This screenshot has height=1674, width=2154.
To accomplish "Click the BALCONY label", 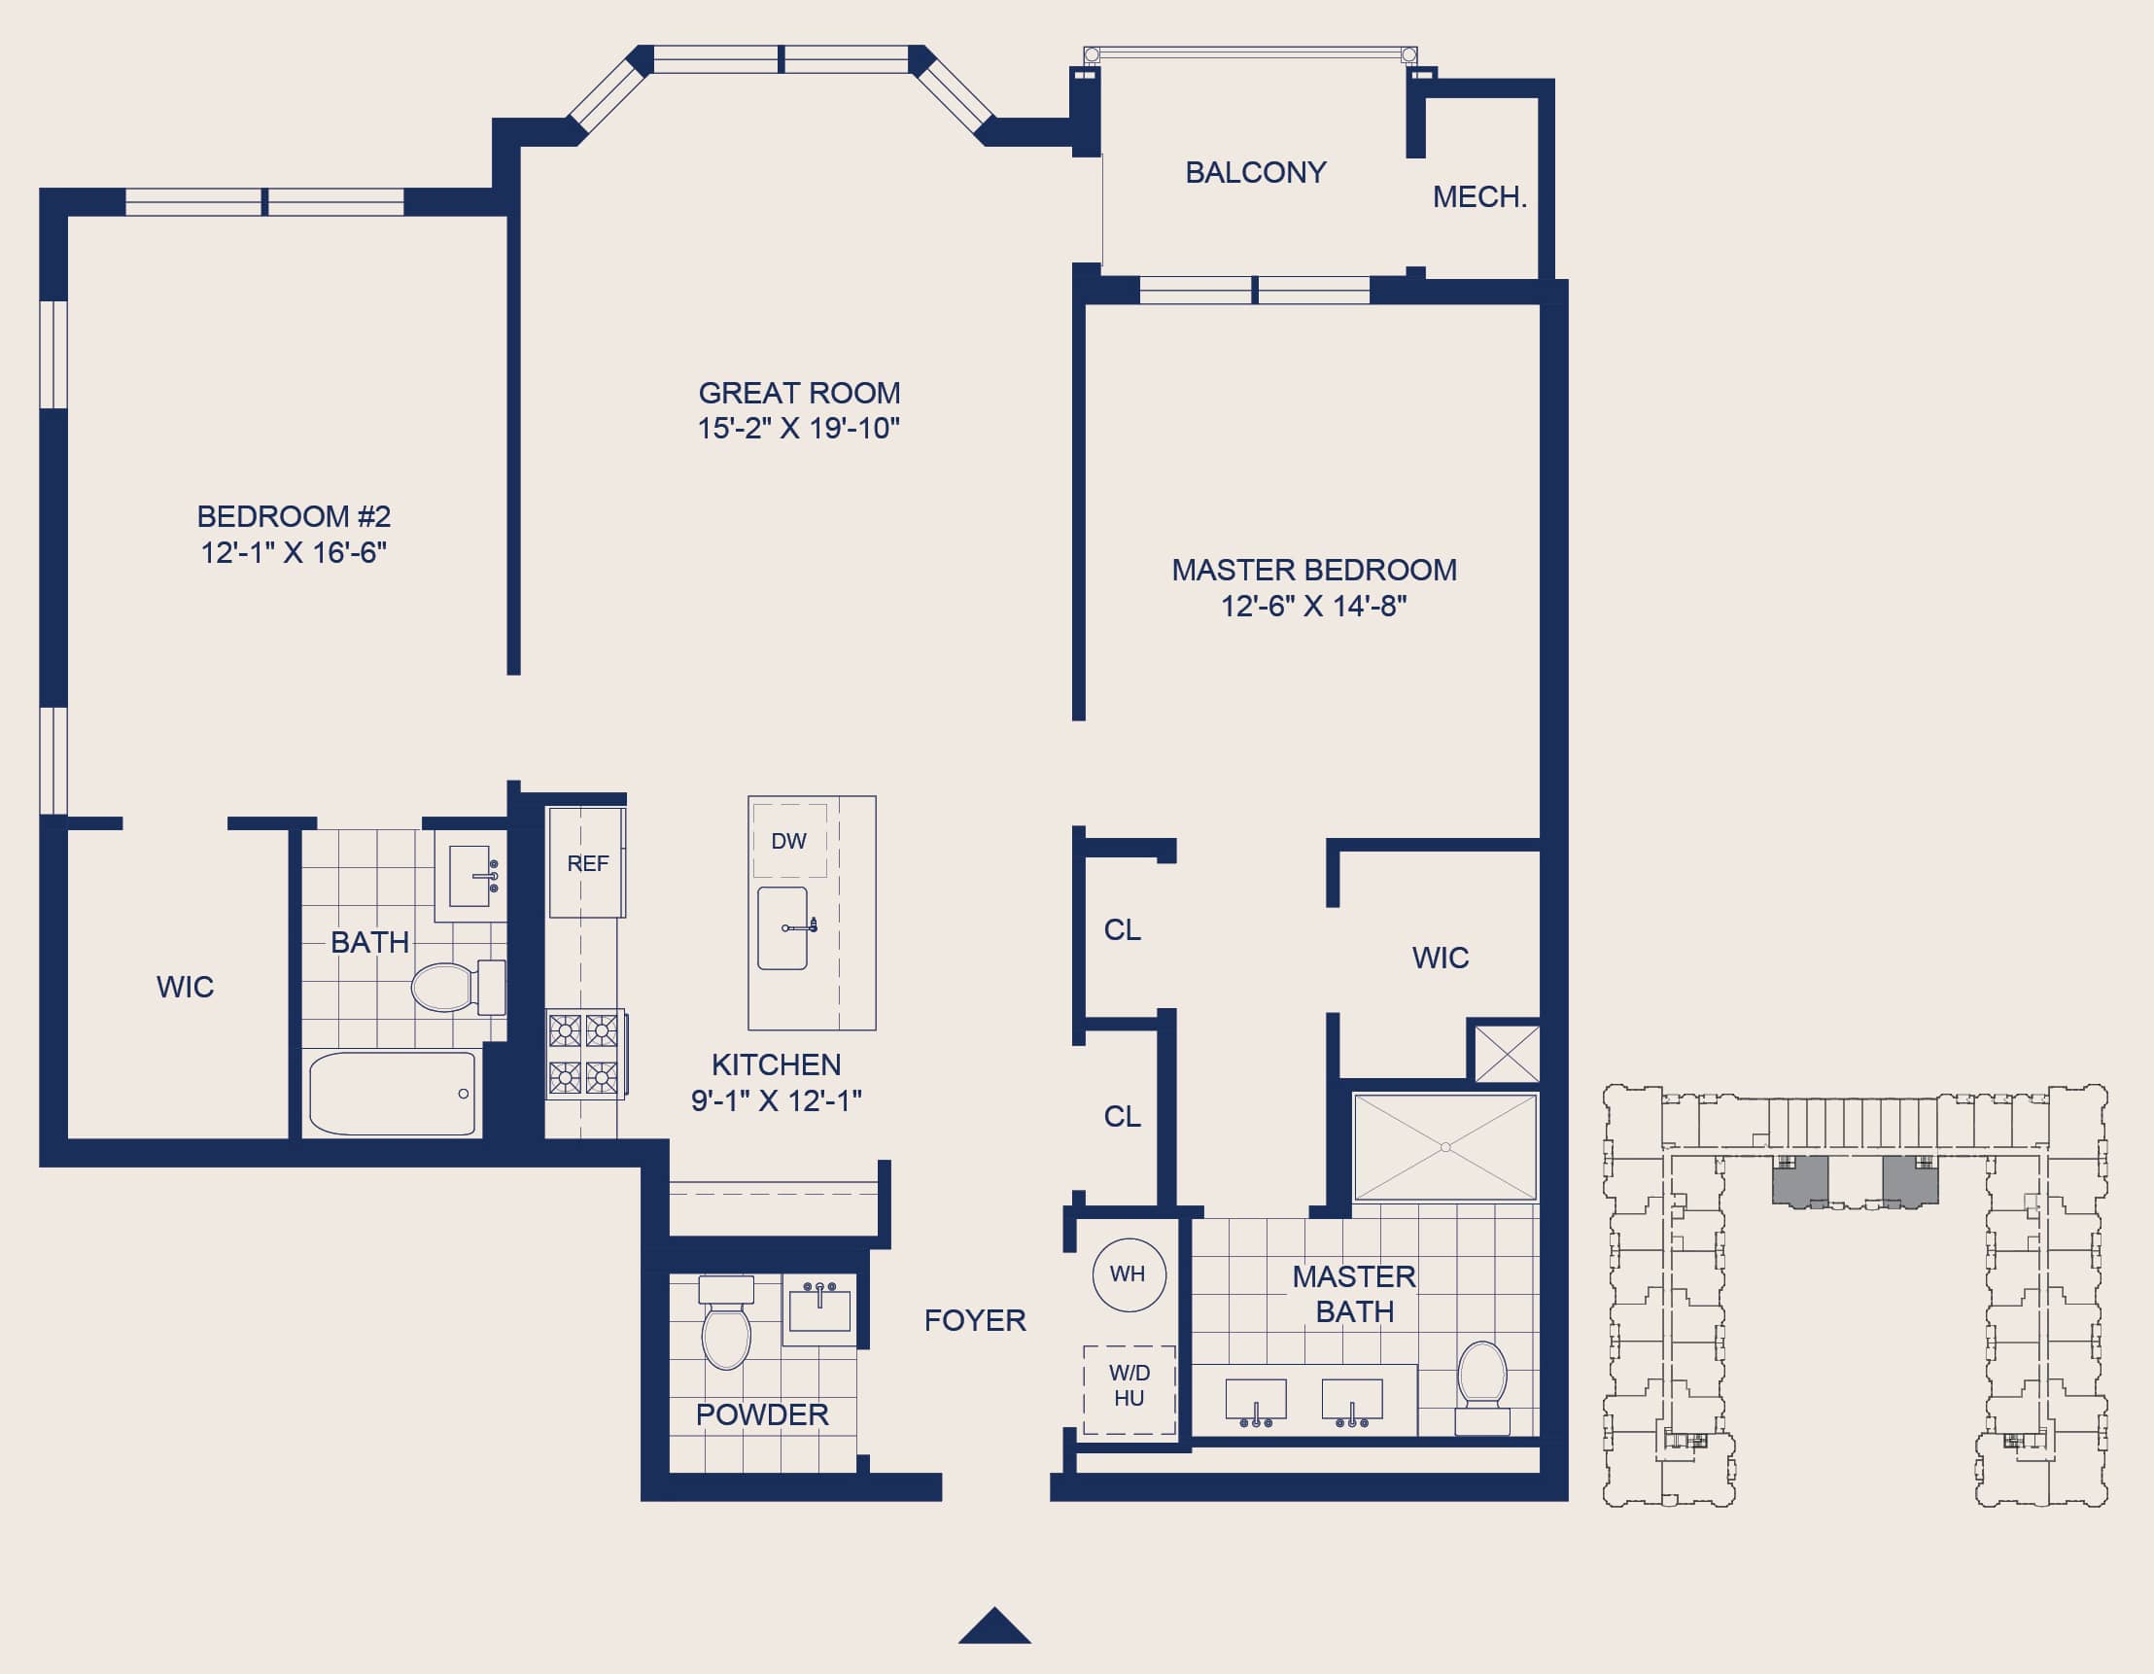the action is tap(1256, 173).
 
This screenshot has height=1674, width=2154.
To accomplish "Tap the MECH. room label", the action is tap(1479, 197).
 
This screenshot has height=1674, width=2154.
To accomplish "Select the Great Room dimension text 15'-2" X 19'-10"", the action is tap(799, 428).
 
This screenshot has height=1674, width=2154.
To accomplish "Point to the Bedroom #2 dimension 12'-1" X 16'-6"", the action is tap(294, 552).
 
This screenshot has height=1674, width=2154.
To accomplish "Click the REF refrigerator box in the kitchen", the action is tap(587, 863).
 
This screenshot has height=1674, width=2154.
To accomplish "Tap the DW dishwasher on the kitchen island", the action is tap(789, 841).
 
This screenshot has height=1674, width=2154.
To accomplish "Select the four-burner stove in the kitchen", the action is tap(586, 1055).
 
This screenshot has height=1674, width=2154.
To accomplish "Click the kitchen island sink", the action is tap(784, 928).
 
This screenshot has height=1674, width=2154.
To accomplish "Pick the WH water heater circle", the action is tap(1129, 1274).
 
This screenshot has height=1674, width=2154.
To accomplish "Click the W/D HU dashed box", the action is tap(1129, 1389).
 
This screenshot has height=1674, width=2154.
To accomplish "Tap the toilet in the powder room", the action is tap(726, 1323).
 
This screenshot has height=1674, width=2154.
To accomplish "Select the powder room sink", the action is tap(818, 1310).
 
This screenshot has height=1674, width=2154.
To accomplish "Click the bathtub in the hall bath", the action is tap(393, 1094).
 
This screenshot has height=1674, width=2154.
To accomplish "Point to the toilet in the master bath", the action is tap(1482, 1387).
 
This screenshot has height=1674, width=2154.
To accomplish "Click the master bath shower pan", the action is tap(1444, 1146).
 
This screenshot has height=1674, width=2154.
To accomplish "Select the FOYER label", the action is tap(974, 1321).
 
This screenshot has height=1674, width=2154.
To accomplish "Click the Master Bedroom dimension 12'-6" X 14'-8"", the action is tap(1314, 606).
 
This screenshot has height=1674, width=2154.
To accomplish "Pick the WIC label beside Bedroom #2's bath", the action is tap(186, 987).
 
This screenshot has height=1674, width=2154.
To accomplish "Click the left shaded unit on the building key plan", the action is tap(1800, 1181).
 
